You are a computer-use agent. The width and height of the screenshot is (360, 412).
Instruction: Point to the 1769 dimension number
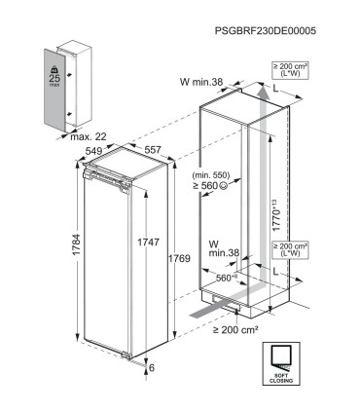click(x=175, y=259)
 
